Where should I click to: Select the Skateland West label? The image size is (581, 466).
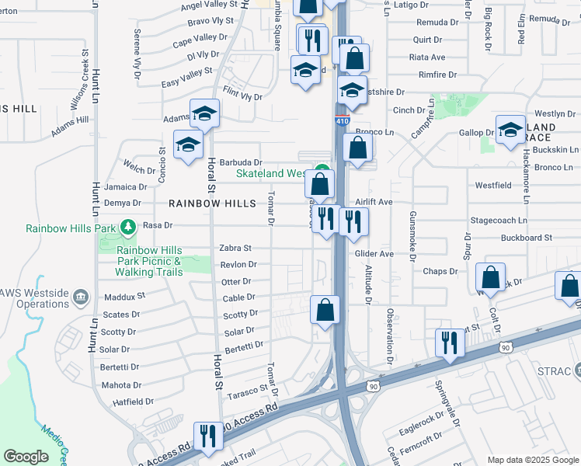click(x=274, y=174)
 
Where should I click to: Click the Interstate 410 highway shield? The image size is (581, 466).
click(x=343, y=121)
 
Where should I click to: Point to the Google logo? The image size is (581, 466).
click(x=26, y=457)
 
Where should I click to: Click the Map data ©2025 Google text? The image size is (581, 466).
click(x=532, y=460)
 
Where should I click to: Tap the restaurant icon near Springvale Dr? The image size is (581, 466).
click(x=449, y=342)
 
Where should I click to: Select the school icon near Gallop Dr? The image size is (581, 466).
click(x=510, y=130)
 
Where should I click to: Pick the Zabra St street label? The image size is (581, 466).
click(x=235, y=249)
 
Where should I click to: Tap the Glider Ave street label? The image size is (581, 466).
click(x=374, y=254)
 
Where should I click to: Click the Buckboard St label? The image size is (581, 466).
click(x=526, y=238)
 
